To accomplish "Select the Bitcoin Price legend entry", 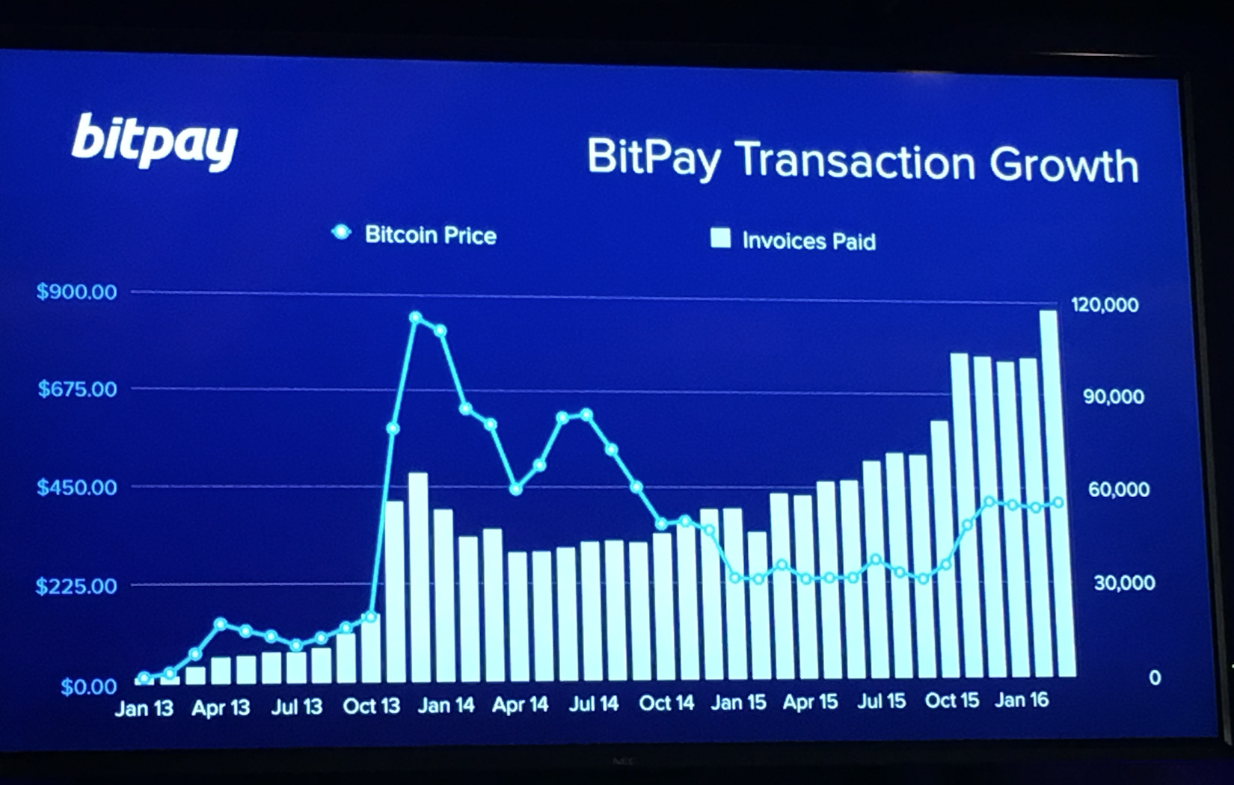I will (x=416, y=235).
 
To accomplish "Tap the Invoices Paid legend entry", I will (x=793, y=241).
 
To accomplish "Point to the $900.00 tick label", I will (x=77, y=292).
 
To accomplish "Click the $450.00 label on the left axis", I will (x=77, y=487).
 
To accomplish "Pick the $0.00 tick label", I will (x=88, y=686).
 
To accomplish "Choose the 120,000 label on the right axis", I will (x=1105, y=304).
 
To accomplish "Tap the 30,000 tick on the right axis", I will (x=1124, y=582).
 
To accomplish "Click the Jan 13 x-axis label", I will (x=144, y=708).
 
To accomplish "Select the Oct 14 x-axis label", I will (x=666, y=704).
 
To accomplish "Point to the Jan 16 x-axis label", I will (x=1022, y=700).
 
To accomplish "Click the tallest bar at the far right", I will (x=1049, y=493).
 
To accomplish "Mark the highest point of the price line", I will (x=416, y=318).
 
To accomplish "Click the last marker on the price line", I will (x=1058, y=503).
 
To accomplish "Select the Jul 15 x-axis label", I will (x=881, y=701).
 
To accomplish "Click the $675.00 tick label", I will (x=77, y=390).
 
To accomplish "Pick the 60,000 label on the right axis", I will (x=1118, y=490).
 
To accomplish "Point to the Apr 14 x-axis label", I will (x=520, y=704).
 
